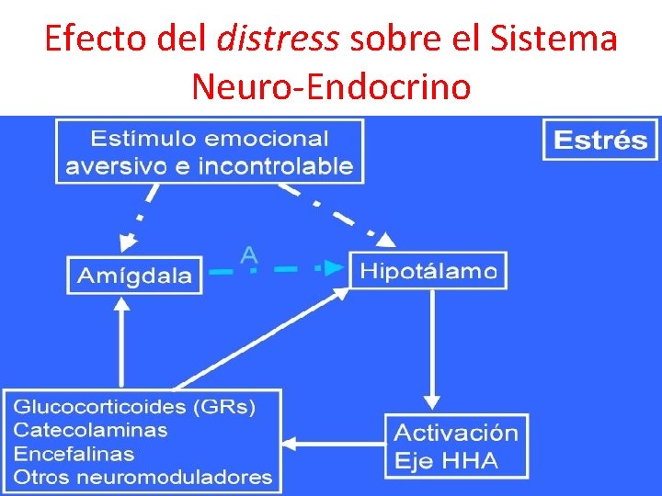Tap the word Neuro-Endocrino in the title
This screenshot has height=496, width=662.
click(x=331, y=86)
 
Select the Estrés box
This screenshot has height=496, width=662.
click(x=600, y=141)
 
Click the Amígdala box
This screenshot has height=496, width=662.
click(x=134, y=275)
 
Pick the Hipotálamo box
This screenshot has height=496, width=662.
click(x=428, y=270)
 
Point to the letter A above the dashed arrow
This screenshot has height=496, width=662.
click(x=248, y=255)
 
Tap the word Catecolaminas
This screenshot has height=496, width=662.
click(x=90, y=430)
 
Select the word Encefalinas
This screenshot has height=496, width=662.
click(x=74, y=454)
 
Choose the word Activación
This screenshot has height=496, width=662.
click(x=456, y=433)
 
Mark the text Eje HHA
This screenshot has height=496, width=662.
click(x=446, y=460)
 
